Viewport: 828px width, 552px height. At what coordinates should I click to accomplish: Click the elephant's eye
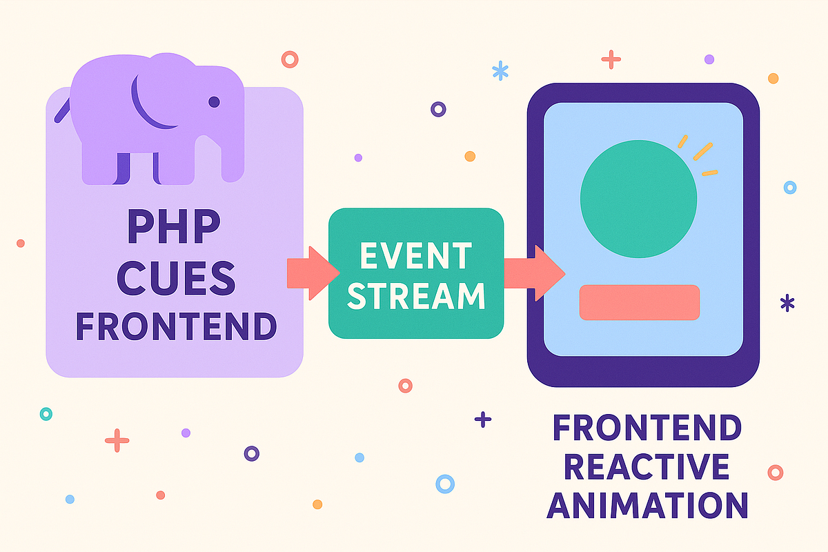(214, 102)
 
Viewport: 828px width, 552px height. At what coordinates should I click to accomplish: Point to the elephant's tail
(63, 106)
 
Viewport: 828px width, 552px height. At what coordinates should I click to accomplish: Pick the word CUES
(175, 278)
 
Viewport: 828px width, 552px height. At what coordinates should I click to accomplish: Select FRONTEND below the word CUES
(175, 326)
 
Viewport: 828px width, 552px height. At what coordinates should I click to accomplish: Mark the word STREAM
(416, 295)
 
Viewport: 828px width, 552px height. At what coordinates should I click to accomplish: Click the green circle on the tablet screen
(638, 198)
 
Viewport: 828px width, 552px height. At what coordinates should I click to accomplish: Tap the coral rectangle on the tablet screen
(640, 302)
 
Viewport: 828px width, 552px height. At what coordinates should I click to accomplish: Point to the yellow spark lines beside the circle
(698, 155)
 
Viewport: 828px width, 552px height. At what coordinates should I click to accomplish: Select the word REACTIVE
(647, 467)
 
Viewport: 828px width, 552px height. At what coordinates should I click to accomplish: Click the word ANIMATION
(647, 505)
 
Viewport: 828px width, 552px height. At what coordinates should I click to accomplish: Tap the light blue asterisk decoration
(500, 70)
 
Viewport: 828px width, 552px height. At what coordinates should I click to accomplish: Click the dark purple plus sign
(483, 419)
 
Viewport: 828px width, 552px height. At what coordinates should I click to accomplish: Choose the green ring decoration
(46, 414)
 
